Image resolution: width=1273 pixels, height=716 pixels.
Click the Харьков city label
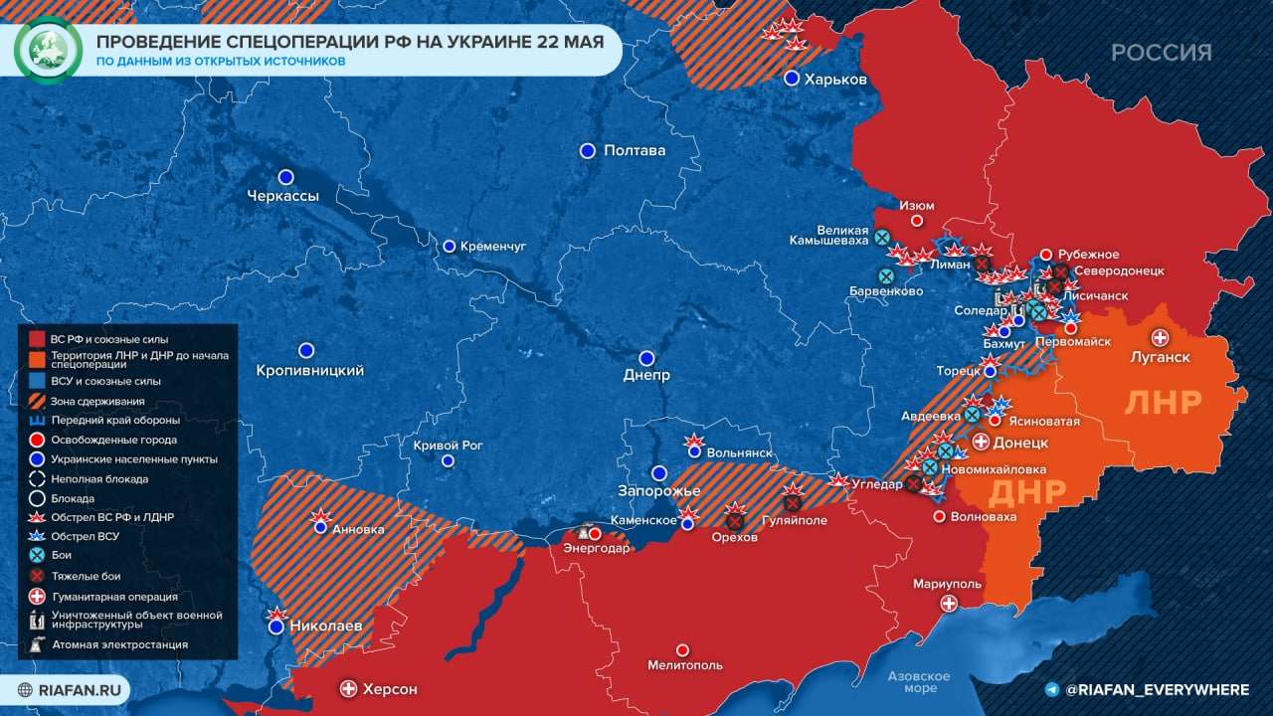click(835, 80)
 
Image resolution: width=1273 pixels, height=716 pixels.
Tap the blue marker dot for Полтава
click(587, 150)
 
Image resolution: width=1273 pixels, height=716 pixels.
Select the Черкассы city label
click(282, 196)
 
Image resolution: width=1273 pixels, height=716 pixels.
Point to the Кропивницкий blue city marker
click(306, 350)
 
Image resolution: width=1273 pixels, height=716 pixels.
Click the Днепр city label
click(646, 376)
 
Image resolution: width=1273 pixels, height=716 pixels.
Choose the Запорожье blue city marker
click(658, 473)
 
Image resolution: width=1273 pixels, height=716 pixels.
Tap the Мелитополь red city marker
click(682, 649)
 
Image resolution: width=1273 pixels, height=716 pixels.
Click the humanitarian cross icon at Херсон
click(348, 688)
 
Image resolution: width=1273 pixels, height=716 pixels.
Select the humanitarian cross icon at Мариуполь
click(949, 604)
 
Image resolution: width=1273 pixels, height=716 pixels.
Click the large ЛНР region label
click(1163, 402)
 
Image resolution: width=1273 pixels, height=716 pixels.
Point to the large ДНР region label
click(1026, 492)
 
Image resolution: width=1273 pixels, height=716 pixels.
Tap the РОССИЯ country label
click(1161, 53)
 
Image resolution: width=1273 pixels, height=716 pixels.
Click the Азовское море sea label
click(920, 682)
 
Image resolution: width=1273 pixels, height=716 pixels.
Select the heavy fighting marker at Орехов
click(735, 520)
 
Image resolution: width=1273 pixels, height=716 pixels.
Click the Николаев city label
click(326, 626)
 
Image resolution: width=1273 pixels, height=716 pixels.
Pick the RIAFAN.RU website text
click(75, 689)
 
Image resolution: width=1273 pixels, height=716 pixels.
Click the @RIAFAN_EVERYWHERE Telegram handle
click(1157, 689)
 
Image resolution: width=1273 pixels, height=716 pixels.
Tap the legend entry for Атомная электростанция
click(119, 644)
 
